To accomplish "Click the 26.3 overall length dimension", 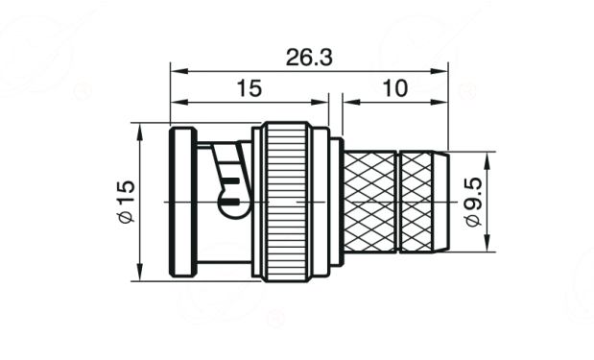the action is click(309, 58).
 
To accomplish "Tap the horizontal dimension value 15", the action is click(249, 88).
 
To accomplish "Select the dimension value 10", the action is click(395, 88).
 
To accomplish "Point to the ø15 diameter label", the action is click(126, 202).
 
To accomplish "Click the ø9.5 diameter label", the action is click(474, 202).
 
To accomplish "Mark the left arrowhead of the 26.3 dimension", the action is click(179, 71).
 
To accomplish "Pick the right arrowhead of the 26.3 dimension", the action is click(440, 71).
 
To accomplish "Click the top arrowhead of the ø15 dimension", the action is click(140, 132).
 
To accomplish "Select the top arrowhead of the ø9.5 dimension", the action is click(487, 160).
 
